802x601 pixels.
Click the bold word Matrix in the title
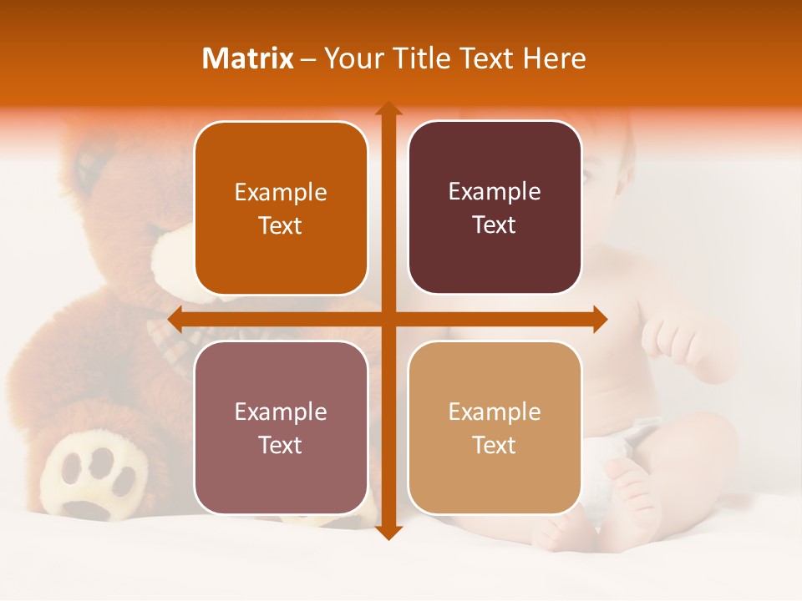[248, 58]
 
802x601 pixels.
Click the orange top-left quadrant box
[281, 208]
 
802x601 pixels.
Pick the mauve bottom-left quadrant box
[281, 427]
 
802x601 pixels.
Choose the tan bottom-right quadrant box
[495, 427]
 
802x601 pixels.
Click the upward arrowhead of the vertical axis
[388, 109]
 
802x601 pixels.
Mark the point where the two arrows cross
[388, 319]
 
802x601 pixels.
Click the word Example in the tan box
[495, 412]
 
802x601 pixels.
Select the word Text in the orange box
[281, 225]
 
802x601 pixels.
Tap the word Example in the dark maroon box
[495, 191]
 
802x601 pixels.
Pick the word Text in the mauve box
[281, 445]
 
